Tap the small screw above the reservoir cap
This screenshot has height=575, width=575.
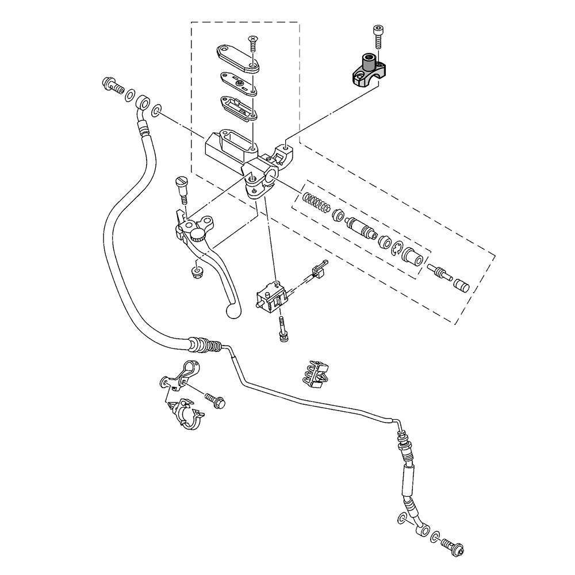[x=252, y=43]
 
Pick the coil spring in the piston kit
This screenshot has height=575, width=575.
[x=318, y=203]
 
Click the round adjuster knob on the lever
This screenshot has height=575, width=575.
[x=198, y=234]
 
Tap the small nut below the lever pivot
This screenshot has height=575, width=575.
[x=197, y=270]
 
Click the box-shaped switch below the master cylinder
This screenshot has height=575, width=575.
[x=270, y=296]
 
